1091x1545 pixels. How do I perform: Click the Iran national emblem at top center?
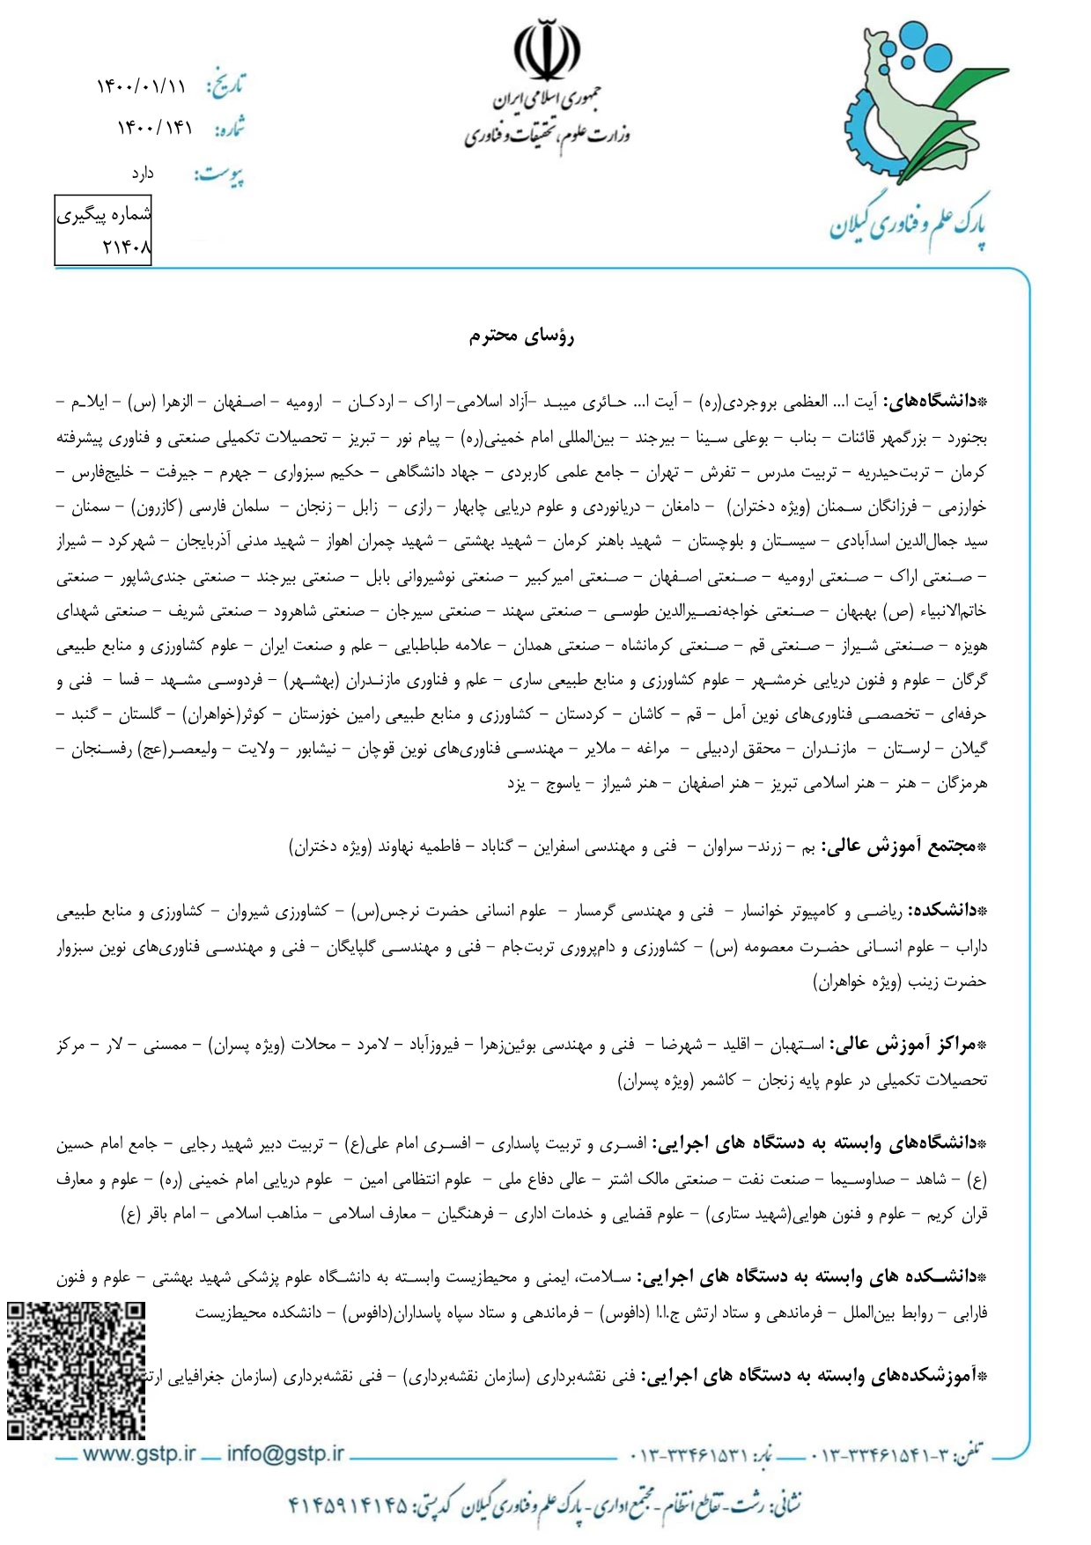pos(547,51)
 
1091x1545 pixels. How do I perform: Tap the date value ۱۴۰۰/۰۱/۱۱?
pos(141,86)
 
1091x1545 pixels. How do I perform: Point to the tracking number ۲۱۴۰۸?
pos(127,248)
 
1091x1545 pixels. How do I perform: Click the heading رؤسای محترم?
pos(521,336)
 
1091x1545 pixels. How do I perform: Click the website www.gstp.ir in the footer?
pos(138,1454)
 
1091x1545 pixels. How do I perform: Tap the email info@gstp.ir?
pos(285,1454)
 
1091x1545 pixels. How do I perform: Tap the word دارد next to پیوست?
pos(143,174)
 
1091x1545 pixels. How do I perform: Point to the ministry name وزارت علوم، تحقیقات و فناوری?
pos(546,136)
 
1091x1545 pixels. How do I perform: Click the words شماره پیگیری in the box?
pos(104,214)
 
